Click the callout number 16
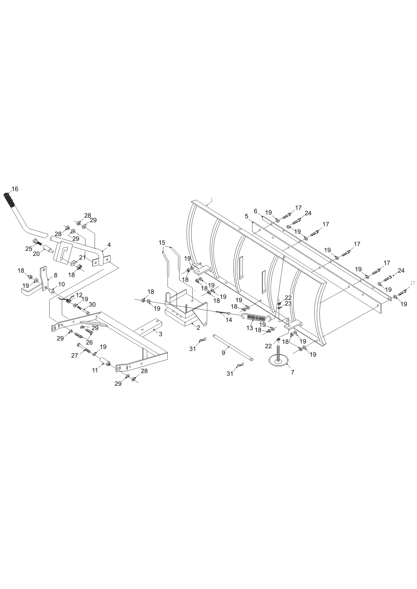[15, 189]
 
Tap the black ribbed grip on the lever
[9, 200]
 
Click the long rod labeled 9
[233, 348]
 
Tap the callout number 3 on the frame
[160, 334]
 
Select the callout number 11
[95, 370]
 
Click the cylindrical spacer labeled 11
[106, 363]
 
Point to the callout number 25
[29, 249]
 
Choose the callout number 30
[92, 305]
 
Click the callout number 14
[229, 320]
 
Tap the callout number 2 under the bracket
[198, 327]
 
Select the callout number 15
[162, 242]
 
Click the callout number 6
[256, 211]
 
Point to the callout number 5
[247, 217]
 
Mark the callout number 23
[288, 303]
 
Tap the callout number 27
[74, 355]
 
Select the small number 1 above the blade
[211, 200]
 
